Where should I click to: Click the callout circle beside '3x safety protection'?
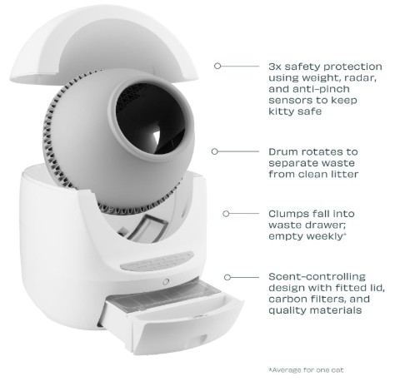(x=217, y=66)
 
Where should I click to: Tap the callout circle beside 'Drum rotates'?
(x=215, y=151)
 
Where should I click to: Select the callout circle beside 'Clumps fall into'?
(x=226, y=214)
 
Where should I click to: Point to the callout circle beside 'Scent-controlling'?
(x=227, y=277)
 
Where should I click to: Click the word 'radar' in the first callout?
(x=360, y=78)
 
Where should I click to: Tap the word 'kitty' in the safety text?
(x=280, y=111)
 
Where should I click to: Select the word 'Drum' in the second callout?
(x=283, y=151)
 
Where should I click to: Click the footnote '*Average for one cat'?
(x=306, y=370)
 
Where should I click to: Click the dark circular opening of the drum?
(x=150, y=118)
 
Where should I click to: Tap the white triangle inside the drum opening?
(x=157, y=136)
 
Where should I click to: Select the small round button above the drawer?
(x=166, y=281)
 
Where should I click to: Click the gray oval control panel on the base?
(x=157, y=261)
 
